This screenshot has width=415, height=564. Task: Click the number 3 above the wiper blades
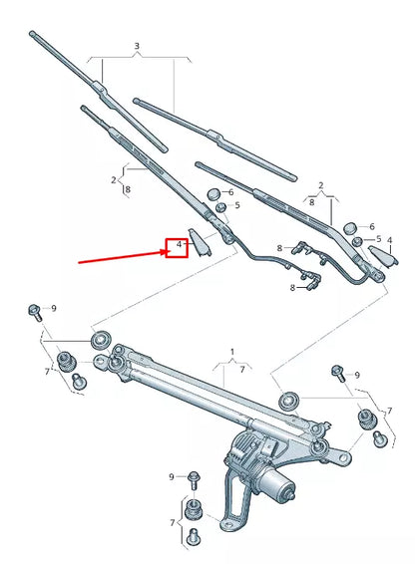point(137,46)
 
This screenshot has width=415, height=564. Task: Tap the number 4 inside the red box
point(178,243)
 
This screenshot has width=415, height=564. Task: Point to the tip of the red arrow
point(166,252)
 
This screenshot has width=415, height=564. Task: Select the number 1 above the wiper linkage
point(232,352)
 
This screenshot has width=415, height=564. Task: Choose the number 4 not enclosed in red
point(389,240)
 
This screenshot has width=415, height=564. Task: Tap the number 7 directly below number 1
point(239,369)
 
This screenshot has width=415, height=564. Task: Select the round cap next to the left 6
point(213,192)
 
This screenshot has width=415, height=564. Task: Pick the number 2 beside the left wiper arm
point(114,179)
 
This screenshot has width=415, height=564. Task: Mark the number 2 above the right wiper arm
point(320,185)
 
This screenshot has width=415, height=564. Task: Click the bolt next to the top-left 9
point(35,311)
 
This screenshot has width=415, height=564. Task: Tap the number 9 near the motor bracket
point(173,476)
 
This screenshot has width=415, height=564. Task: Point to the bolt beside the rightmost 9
point(337,373)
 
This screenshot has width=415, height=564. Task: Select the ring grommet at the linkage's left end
point(100,342)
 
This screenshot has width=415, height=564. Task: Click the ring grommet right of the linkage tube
point(288,400)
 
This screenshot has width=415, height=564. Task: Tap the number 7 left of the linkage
point(46,372)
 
